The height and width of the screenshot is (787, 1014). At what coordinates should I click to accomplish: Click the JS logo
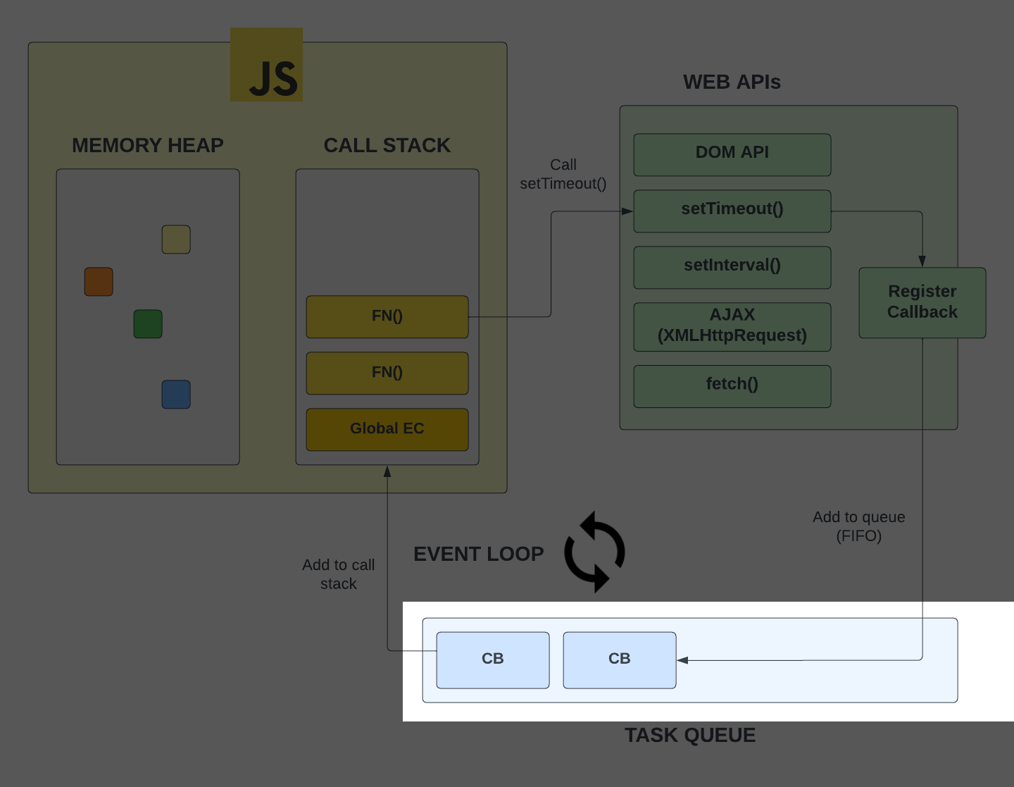coord(266,65)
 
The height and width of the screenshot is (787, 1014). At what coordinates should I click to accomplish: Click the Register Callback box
coord(922,303)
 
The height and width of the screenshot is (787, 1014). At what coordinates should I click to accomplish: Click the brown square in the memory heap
coord(99,282)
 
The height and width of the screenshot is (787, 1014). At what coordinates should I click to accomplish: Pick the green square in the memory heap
coord(148,324)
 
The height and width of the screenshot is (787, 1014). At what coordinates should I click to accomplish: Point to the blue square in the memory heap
coord(176,395)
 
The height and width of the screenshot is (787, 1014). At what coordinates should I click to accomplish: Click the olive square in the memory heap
coord(176,240)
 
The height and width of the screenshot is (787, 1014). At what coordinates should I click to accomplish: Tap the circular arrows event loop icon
coord(595,552)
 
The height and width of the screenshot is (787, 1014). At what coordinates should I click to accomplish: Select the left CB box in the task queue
coord(493,660)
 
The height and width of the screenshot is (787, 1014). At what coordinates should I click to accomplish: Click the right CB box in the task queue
coord(620,660)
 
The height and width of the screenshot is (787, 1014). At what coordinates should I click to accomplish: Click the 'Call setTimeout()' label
coord(563,174)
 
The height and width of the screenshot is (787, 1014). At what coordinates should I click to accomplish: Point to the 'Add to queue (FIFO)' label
coord(858,526)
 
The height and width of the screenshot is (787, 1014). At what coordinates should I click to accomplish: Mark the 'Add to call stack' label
coord(339,574)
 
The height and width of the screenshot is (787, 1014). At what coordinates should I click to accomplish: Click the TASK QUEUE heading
coord(690,736)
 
